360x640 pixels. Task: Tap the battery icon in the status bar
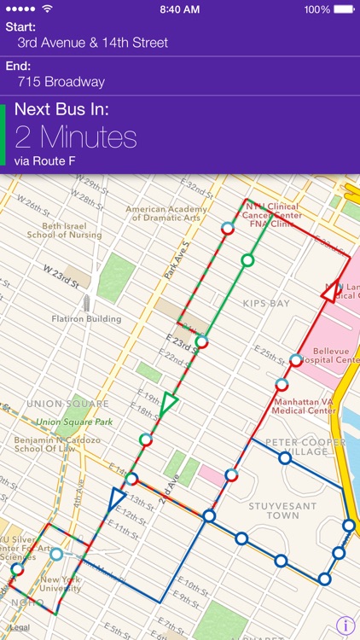(343, 9)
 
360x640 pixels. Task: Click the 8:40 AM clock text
(180, 9)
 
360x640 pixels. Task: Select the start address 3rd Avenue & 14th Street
(92, 42)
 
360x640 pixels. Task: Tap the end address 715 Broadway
(61, 82)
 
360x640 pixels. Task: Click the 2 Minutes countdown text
(76, 137)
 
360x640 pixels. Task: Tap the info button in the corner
(345, 625)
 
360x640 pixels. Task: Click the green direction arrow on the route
(169, 401)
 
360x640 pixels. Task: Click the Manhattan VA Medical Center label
(304, 405)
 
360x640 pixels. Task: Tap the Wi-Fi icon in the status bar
(47, 9)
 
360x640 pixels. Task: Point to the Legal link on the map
(20, 626)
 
